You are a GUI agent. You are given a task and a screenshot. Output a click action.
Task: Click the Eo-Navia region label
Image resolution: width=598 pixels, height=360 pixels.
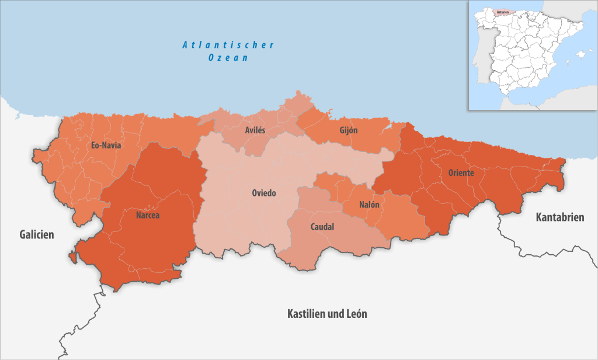point(106,146)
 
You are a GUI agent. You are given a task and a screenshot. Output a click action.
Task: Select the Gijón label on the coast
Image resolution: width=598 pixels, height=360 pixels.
point(348,130)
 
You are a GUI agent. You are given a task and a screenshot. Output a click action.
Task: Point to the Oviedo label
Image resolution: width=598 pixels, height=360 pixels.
point(263,193)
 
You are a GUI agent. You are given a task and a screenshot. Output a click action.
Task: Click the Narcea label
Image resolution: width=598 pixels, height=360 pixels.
point(148,215)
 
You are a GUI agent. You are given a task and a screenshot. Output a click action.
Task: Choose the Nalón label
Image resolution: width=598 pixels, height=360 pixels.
point(369,205)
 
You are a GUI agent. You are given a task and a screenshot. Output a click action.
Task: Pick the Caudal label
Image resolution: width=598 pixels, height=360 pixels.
point(322,227)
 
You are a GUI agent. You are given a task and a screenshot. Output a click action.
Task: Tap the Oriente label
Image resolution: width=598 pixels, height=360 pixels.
point(461,173)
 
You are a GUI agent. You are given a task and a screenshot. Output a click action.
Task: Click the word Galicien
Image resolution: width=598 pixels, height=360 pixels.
point(36,234)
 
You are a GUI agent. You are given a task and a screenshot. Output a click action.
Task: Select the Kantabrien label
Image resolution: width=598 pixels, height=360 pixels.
point(560,217)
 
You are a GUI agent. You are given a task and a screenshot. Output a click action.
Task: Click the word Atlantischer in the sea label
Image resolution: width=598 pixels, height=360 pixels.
point(228,45)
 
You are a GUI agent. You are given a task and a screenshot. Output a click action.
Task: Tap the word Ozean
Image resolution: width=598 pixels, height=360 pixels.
point(228,58)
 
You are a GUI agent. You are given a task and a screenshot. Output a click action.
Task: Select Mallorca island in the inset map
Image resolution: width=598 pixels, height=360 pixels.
point(580,55)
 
